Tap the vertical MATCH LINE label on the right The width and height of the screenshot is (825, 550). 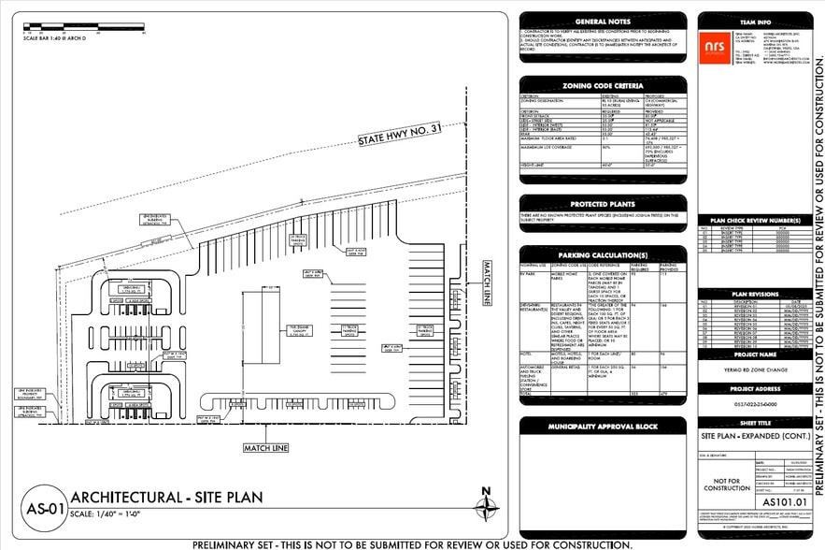(486, 283)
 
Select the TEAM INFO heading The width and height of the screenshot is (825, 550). (755, 21)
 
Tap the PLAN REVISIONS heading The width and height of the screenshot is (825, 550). (755, 293)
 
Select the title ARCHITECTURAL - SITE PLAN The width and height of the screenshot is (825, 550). (166, 498)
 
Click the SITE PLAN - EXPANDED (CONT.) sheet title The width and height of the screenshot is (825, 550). (755, 437)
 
